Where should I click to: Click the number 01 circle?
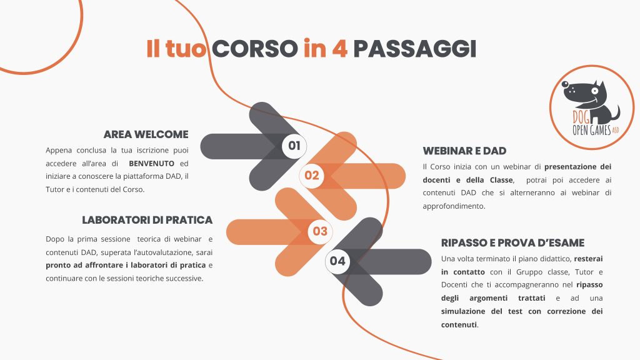(294, 146)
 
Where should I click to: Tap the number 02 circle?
(311, 176)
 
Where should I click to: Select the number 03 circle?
(320, 231)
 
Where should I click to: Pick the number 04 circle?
(337, 261)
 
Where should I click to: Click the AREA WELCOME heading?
(146, 134)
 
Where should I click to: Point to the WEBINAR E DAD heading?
(464, 151)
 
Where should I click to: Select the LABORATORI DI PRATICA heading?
(147, 220)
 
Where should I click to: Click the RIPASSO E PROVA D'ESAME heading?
(512, 243)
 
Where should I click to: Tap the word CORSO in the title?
(255, 49)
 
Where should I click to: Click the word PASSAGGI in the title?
(415, 49)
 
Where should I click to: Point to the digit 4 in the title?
(339, 49)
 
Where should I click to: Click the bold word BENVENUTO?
(151, 164)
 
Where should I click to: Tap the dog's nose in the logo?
(565, 84)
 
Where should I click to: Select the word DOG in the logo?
(581, 117)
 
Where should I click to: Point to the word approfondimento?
(454, 206)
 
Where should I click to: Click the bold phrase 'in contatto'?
(463, 272)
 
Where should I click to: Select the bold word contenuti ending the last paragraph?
(459, 325)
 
